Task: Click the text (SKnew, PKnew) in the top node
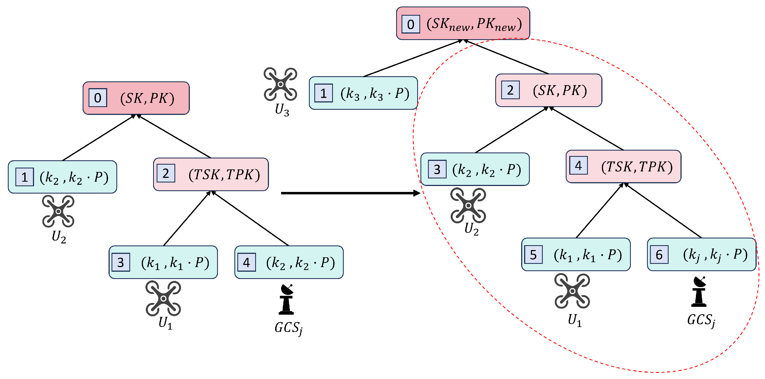(x=474, y=24)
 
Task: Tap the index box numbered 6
(x=659, y=254)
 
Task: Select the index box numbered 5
(x=533, y=254)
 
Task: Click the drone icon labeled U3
(x=280, y=84)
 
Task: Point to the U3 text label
(x=282, y=110)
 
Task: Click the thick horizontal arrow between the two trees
(x=351, y=193)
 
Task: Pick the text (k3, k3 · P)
(x=375, y=94)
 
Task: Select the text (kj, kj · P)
(x=715, y=255)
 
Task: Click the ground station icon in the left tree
(x=286, y=299)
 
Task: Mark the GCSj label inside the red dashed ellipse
(x=702, y=321)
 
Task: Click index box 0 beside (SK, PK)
(x=98, y=98)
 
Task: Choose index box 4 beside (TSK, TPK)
(x=578, y=165)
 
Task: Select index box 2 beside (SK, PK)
(x=510, y=90)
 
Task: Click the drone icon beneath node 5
(x=572, y=291)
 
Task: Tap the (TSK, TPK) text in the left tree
(x=224, y=174)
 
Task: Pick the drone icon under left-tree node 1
(x=58, y=211)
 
